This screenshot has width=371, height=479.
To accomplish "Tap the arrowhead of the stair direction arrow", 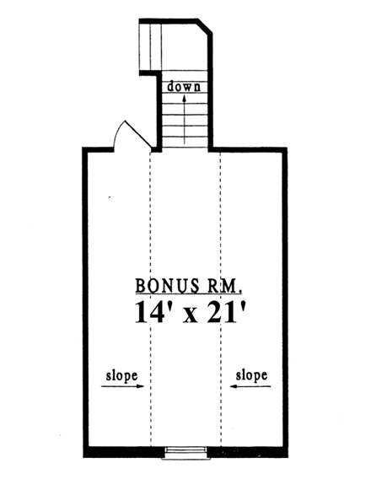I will click(x=185, y=96).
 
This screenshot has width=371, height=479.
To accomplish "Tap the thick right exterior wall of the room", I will click(x=288, y=295).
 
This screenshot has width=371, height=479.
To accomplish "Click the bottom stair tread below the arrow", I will click(x=185, y=143).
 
